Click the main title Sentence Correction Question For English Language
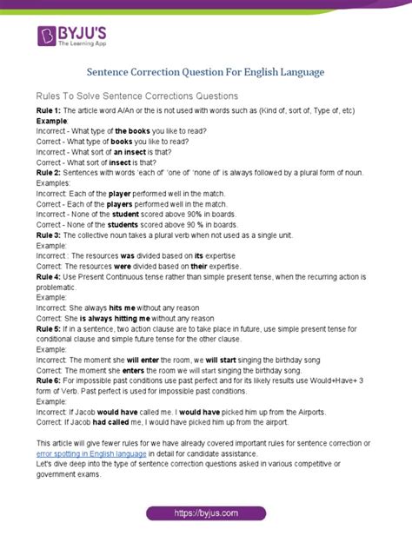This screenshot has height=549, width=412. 206,73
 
